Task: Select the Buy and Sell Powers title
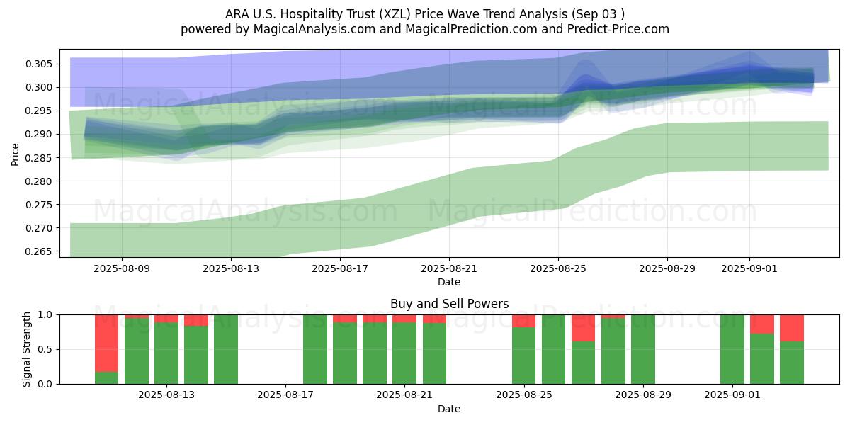[449, 304]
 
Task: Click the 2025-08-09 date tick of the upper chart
[122, 268]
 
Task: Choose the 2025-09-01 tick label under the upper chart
[750, 268]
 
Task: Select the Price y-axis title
[16, 154]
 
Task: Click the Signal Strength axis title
[27, 349]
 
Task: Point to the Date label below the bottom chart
[449, 409]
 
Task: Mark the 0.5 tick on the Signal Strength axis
[45, 349]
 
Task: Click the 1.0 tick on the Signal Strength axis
[45, 314]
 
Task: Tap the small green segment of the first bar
[106, 378]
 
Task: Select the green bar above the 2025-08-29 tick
[643, 349]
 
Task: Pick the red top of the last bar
[792, 328]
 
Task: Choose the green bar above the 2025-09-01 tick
[732, 349]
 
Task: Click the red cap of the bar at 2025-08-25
[524, 321]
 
